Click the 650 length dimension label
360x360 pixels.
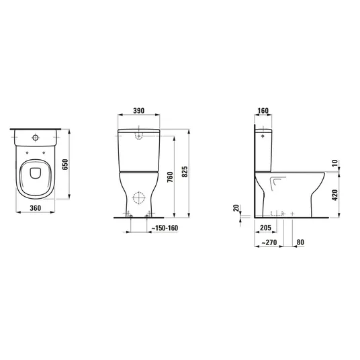(65, 165)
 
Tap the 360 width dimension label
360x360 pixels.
(36, 208)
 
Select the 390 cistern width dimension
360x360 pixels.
(139, 111)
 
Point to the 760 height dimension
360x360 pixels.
(170, 177)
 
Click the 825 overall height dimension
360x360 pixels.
(185, 172)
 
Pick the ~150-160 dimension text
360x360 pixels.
(165, 228)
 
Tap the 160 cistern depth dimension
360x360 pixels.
(263, 111)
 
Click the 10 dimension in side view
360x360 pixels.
(335, 163)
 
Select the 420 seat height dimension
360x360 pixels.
(335, 195)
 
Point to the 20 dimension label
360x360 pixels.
(236, 208)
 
